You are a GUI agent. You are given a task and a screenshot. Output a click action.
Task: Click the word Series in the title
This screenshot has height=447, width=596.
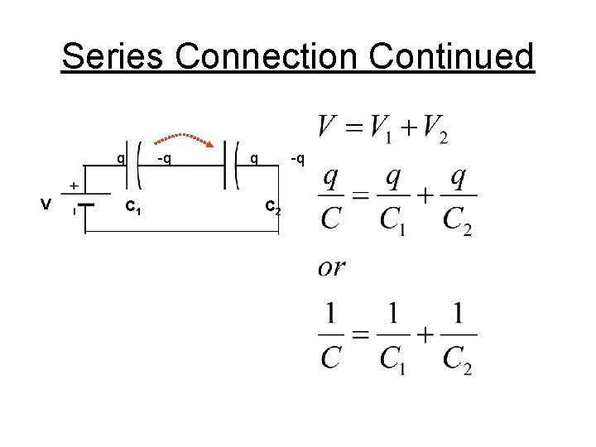tap(114, 57)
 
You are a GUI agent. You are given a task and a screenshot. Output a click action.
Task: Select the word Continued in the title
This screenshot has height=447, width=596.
tap(452, 57)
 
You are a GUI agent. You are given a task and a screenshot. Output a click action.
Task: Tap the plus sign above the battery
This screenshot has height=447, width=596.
tap(74, 185)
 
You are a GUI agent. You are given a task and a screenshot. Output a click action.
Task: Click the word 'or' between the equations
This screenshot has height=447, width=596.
tap(332, 267)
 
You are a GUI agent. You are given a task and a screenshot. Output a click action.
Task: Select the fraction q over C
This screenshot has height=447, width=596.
tap(331, 198)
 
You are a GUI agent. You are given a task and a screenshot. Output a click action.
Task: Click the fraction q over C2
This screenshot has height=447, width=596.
tap(458, 198)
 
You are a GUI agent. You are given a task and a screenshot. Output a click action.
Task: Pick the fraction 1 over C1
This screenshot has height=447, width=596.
tap(393, 337)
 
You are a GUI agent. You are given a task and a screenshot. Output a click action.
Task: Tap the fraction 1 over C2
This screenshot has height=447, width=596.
tap(458, 337)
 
